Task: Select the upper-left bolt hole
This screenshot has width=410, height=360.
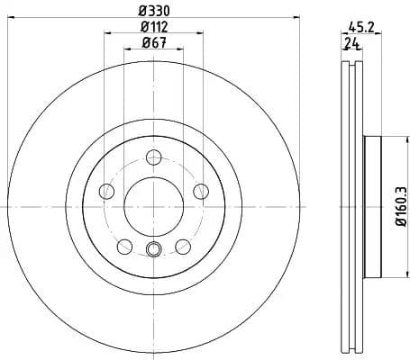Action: tap(105, 190)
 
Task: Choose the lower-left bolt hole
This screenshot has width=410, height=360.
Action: tap(123, 245)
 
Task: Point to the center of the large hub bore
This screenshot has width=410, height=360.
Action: tap(152, 206)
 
